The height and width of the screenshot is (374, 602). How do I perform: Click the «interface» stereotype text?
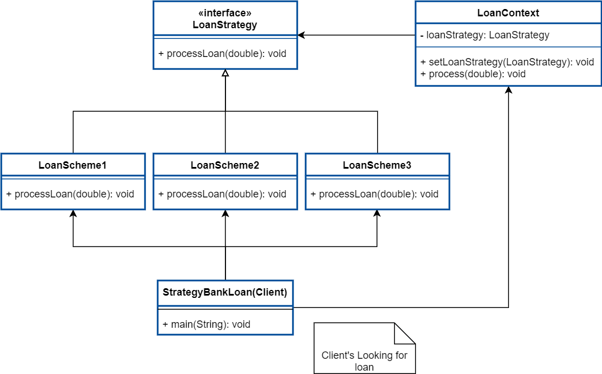tap(225, 14)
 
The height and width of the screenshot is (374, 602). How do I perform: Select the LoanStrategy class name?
tap(225, 25)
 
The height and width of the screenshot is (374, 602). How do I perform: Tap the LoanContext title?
tap(508, 13)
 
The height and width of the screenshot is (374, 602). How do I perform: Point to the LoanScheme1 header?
tap(73, 165)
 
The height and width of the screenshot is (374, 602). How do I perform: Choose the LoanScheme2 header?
tap(225, 165)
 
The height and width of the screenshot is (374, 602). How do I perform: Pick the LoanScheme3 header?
tap(377, 165)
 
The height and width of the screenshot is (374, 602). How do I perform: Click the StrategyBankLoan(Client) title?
tap(225, 292)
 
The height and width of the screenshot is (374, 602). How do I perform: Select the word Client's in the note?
tap(338, 355)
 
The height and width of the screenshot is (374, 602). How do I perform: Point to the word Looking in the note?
tap(375, 355)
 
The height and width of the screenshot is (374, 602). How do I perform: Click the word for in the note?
tap(401, 355)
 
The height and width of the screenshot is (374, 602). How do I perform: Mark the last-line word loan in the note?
tap(364, 367)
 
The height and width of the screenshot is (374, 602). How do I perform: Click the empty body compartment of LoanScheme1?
tap(73, 194)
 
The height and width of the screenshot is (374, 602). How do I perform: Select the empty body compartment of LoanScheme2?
tap(225, 194)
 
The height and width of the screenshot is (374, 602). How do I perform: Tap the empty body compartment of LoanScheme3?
tap(377, 194)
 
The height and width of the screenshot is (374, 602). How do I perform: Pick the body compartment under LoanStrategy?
tap(225, 54)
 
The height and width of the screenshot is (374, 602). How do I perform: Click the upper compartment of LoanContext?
tap(508, 36)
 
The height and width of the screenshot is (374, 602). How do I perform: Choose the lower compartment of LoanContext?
tap(508, 66)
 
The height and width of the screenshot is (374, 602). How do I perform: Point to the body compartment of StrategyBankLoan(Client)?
tap(225, 321)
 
